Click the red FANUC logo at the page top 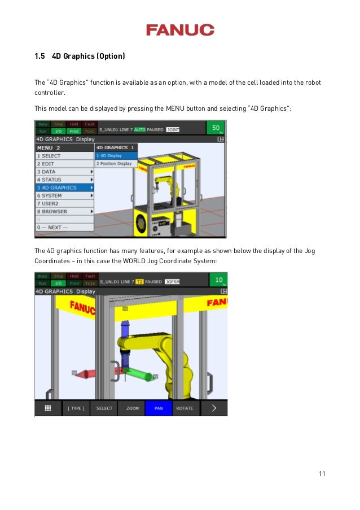pos(180,30)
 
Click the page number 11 pos(322,473)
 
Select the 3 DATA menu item pos(64,172)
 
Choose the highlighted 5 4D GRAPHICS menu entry pos(64,188)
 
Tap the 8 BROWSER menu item pos(64,211)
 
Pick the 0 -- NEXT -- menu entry pos(64,227)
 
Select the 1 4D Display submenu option pos(116,155)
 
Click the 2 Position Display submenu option pos(116,164)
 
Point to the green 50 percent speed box pos(216,128)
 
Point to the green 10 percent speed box pos(217,280)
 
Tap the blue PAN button pos(159,408)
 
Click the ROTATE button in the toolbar pos(185,408)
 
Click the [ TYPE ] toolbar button pos(76,408)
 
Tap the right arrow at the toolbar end pos(214,408)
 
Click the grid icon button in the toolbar pos(48,408)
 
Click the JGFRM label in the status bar pos(172,281)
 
